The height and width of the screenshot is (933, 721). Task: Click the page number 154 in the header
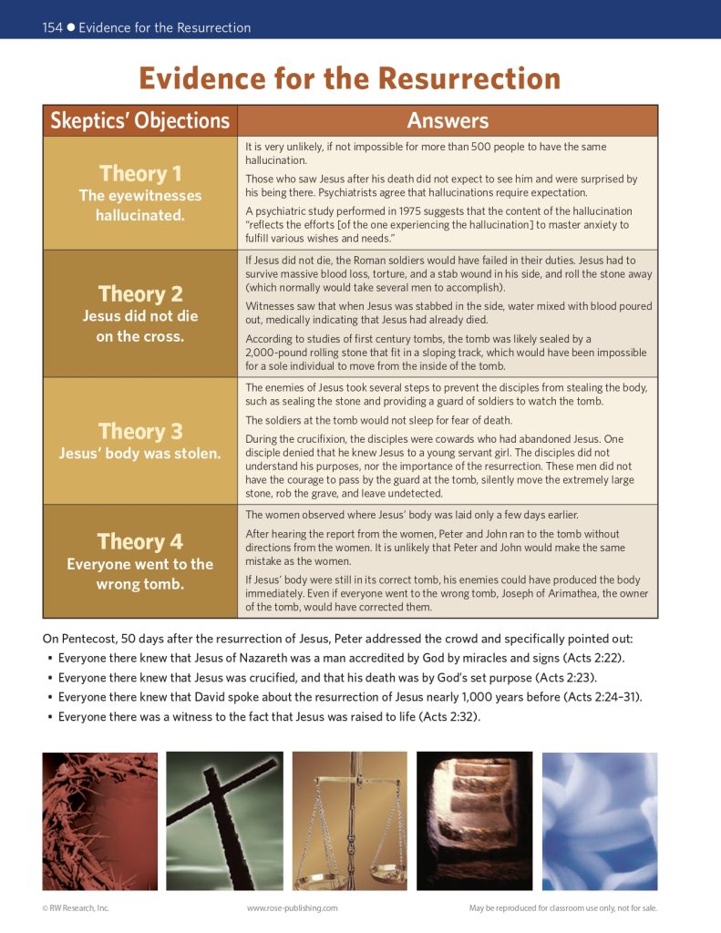(x=52, y=27)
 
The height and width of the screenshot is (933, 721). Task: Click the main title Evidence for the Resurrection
(x=349, y=78)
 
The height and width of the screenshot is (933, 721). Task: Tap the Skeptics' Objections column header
(x=139, y=120)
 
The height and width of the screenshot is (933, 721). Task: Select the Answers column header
(x=448, y=120)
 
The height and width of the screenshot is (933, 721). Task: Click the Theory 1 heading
(x=139, y=173)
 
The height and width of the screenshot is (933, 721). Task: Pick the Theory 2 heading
(x=139, y=293)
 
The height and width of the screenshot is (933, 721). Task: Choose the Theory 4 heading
(x=139, y=541)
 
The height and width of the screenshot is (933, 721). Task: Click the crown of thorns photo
(x=99, y=820)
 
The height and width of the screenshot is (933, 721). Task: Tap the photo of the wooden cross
(x=224, y=820)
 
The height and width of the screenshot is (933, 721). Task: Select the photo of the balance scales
(x=349, y=820)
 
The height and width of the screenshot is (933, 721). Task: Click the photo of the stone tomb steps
(x=474, y=820)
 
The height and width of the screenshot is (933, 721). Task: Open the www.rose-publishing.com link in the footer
(x=292, y=907)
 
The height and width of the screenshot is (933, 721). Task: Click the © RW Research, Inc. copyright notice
(x=76, y=907)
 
